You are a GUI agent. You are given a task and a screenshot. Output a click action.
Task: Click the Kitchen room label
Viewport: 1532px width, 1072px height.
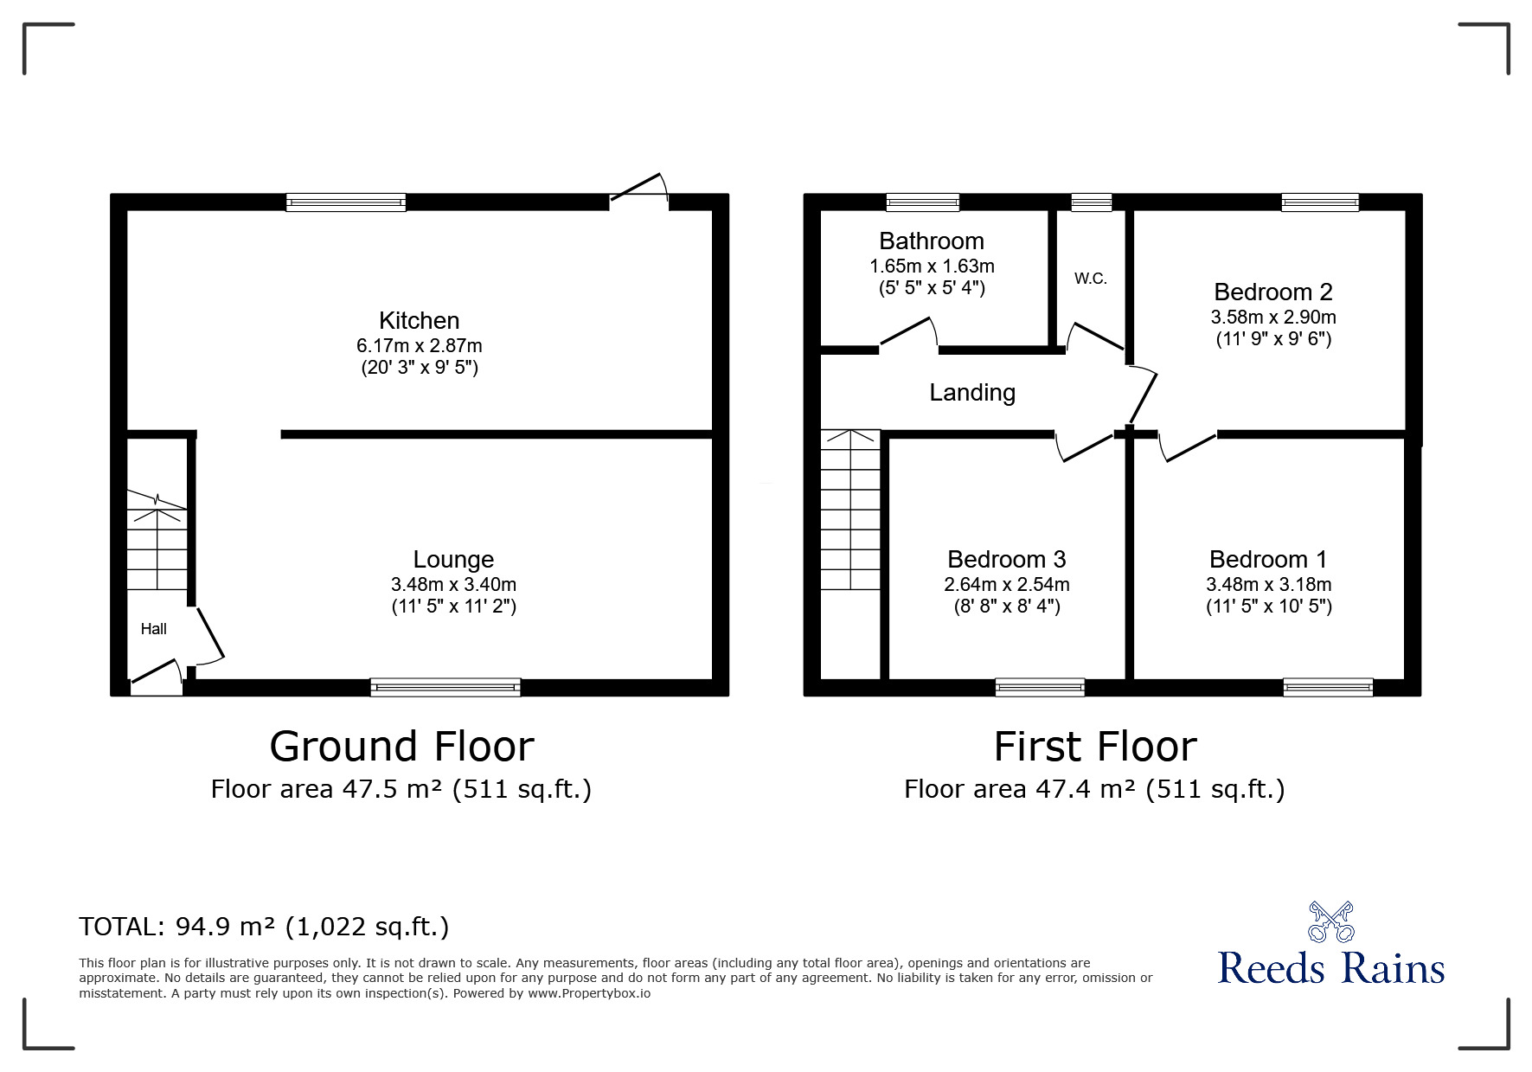click(x=419, y=320)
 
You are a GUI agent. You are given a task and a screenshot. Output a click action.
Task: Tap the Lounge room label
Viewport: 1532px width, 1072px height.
click(x=453, y=560)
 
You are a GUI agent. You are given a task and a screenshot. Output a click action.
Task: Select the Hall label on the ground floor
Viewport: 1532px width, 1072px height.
click(x=154, y=629)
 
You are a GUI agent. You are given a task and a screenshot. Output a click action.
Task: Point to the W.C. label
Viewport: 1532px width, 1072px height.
click(x=1091, y=279)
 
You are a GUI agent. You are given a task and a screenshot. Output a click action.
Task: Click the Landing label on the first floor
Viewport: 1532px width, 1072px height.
click(x=972, y=393)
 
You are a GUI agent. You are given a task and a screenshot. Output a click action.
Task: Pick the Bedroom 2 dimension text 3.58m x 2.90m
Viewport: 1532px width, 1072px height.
click(x=1273, y=318)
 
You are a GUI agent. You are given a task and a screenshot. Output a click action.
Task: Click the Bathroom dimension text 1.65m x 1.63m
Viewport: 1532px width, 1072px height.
click(x=932, y=266)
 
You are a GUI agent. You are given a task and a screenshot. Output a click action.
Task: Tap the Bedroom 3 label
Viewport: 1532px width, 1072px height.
click(x=1007, y=560)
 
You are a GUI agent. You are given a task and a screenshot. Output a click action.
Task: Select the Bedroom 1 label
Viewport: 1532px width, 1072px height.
click(x=1268, y=560)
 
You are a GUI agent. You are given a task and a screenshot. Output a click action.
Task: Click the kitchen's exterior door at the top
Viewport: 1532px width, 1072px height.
click(x=639, y=190)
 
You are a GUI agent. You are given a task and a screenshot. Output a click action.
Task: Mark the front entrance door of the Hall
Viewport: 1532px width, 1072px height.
click(x=157, y=677)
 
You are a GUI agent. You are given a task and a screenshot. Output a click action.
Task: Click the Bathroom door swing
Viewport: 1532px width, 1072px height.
click(x=908, y=335)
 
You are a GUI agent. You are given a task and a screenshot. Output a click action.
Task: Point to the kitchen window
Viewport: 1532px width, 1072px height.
click(x=346, y=202)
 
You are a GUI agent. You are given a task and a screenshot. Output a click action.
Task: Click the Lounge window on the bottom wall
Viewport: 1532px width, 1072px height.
click(x=445, y=688)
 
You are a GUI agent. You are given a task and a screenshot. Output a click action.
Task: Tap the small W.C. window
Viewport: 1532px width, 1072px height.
click(x=1092, y=202)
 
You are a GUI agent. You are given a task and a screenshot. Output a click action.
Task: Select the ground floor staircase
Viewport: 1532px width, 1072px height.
click(x=157, y=540)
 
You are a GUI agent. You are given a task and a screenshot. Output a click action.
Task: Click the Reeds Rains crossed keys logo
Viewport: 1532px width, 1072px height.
click(x=1330, y=921)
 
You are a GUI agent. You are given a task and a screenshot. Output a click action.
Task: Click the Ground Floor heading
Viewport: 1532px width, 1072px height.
click(x=402, y=747)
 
